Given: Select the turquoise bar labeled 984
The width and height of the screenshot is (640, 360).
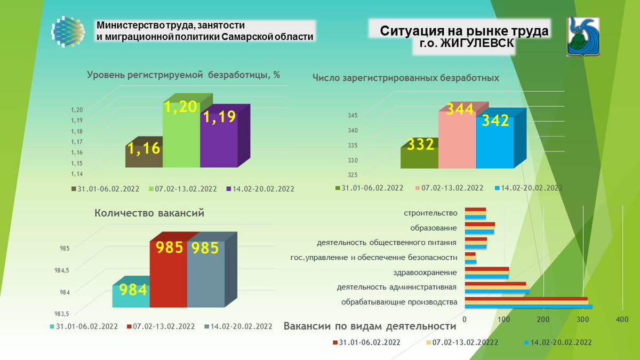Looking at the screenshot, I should coord(131,295).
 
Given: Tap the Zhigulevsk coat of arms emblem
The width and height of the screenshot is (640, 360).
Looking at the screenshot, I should coord(582,36).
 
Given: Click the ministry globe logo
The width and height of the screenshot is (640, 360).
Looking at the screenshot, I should coord(68,33).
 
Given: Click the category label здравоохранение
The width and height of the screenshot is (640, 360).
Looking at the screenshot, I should coord(431,273).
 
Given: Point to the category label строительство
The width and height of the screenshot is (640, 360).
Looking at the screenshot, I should coord(431,213).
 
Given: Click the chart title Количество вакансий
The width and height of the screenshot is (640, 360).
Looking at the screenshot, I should coord(149,213).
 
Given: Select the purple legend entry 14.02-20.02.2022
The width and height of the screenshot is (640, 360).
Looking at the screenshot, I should coord(261,189).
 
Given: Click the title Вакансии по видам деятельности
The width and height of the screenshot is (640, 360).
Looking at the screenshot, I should coord(370,326).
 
